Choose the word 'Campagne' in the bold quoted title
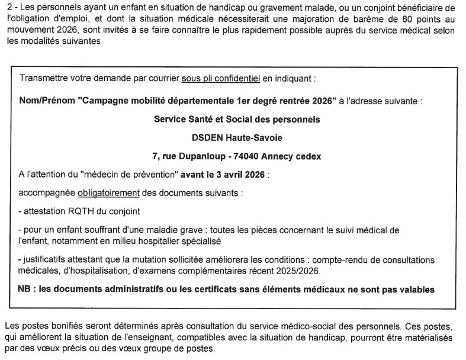(105, 101)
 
